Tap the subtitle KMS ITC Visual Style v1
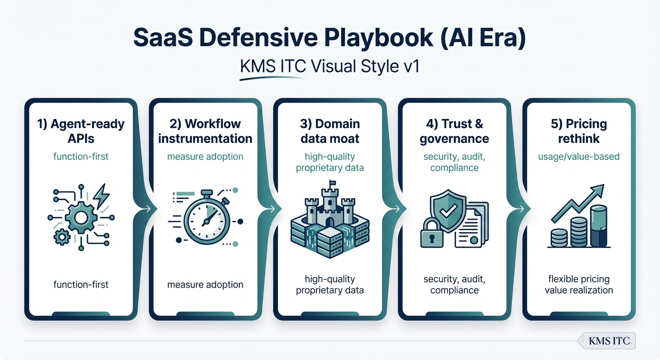coord(329,66)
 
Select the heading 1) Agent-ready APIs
coord(81,131)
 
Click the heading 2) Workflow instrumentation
coord(205,131)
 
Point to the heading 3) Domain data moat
coord(330,131)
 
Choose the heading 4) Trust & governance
coord(454,131)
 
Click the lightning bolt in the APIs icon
coord(102,195)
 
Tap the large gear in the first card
coord(81,217)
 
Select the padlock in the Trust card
coord(434,234)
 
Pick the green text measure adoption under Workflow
coord(205,156)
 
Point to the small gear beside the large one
coord(61,237)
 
